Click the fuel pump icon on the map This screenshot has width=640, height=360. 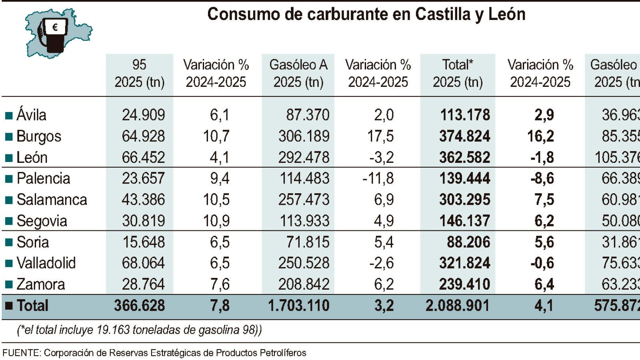coord(53,35)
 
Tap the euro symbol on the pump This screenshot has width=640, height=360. coord(55,27)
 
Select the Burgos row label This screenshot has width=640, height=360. coord(39,136)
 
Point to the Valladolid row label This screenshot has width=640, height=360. coord(46,263)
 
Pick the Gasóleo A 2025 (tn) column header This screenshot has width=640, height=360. coord(298,74)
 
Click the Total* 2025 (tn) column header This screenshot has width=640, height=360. coord(458,74)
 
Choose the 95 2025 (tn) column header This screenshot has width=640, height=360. coord(139,74)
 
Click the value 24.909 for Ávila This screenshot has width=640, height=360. coord(143,115)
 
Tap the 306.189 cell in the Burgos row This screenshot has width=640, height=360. coord(304,136)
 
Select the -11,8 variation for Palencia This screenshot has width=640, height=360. coord(378,178)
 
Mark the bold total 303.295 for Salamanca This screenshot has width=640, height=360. coord(465,200)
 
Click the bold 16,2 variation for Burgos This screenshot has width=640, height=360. coord(540,136)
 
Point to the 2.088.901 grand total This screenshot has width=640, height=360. coord(458,306)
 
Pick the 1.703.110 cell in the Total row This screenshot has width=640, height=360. coord(298,306)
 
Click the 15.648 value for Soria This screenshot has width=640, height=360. coord(144,242)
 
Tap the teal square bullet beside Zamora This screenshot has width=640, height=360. coord(9,285)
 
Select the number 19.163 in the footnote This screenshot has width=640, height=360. coord(113,330)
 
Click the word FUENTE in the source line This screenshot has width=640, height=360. coord(21,353)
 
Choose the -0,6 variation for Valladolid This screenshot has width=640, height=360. coord(542,263)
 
